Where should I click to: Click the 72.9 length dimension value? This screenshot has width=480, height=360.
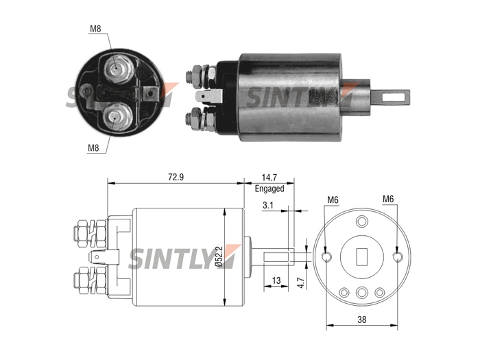[x=176, y=177]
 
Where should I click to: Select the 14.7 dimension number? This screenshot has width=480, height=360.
[x=269, y=178]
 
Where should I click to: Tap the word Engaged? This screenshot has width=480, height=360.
[x=269, y=189]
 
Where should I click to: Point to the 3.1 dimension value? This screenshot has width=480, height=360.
[x=267, y=205]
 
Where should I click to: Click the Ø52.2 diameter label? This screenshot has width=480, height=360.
[x=219, y=256]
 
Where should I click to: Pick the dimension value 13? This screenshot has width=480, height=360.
[x=276, y=280]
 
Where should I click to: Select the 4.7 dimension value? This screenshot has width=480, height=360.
[x=300, y=283]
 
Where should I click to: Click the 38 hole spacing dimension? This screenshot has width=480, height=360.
[x=361, y=320]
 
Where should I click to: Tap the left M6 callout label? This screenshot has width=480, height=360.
[x=333, y=200]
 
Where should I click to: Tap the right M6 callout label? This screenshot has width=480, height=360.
[x=388, y=199]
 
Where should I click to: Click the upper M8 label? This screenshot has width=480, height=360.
[x=95, y=29]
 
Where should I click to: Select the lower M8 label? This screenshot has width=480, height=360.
[x=93, y=148]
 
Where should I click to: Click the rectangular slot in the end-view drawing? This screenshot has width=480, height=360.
[x=362, y=256]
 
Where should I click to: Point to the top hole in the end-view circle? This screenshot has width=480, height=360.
[x=362, y=221]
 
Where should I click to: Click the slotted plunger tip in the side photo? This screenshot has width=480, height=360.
[x=392, y=97]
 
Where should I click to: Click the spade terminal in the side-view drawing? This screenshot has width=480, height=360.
[x=104, y=257]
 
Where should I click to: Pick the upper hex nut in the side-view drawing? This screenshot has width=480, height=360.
[x=91, y=230]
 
